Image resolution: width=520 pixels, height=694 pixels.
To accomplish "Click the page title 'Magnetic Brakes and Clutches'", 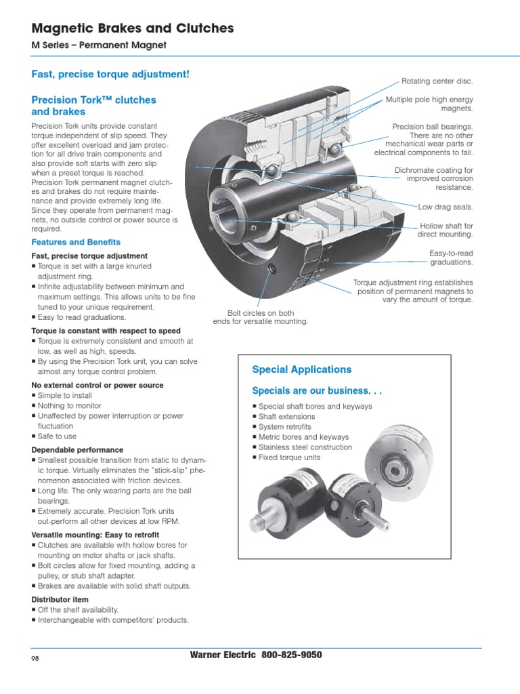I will pyautogui.click(x=133, y=28).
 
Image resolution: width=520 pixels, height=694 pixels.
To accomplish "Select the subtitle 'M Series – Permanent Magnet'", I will pyautogui.click(x=99, y=45).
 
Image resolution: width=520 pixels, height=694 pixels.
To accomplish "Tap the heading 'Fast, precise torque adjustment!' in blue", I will pyautogui.click(x=110, y=73).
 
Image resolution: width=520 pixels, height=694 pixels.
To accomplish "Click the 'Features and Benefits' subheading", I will pyautogui.click(x=76, y=242).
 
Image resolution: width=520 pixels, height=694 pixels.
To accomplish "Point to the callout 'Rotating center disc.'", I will pyautogui.click(x=437, y=81).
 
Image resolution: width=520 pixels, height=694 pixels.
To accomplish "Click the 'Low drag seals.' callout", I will pyautogui.click(x=446, y=206).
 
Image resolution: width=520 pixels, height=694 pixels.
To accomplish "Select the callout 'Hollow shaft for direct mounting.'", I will pyautogui.click(x=445, y=230).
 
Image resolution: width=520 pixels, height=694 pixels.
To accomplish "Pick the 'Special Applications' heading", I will pyautogui.click(x=301, y=369).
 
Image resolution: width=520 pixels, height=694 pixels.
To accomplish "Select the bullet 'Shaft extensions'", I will pyautogui.click(x=286, y=417).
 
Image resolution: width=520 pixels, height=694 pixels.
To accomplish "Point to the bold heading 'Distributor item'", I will pyautogui.click(x=61, y=600).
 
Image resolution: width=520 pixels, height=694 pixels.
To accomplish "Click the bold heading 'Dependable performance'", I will pyautogui.click(x=77, y=450).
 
